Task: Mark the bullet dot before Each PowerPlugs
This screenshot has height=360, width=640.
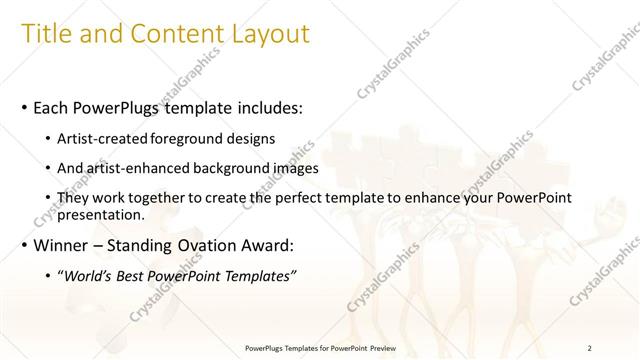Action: click(x=25, y=107)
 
